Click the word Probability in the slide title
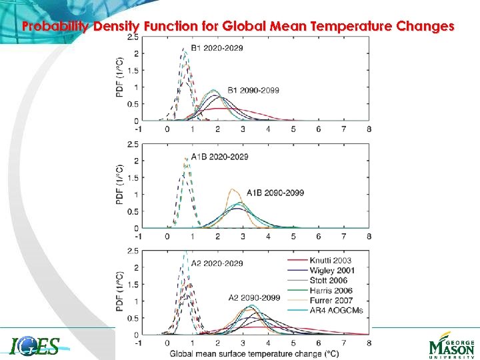[x=53, y=27]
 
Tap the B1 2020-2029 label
[x=217, y=48]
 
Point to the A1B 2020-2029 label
[x=219, y=157]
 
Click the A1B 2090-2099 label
[x=275, y=193]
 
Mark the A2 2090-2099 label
[x=254, y=297]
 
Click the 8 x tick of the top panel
[x=369, y=129]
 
